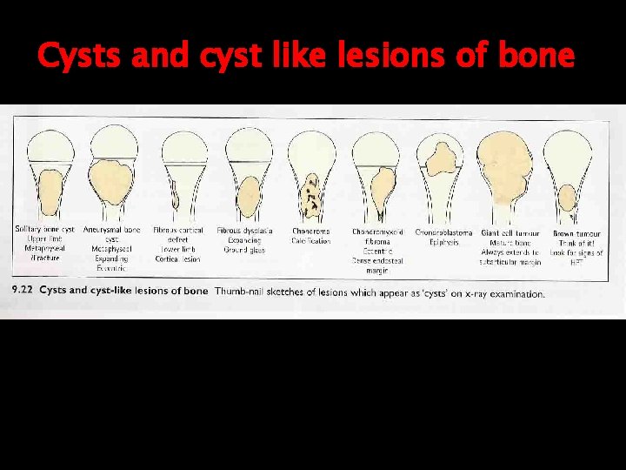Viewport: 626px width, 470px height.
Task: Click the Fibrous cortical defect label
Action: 178,231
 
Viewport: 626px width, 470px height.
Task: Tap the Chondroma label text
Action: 310,232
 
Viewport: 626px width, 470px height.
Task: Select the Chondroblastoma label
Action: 443,232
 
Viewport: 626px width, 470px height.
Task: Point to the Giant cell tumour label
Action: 510,232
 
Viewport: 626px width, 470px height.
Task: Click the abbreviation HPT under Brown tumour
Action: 575,261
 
